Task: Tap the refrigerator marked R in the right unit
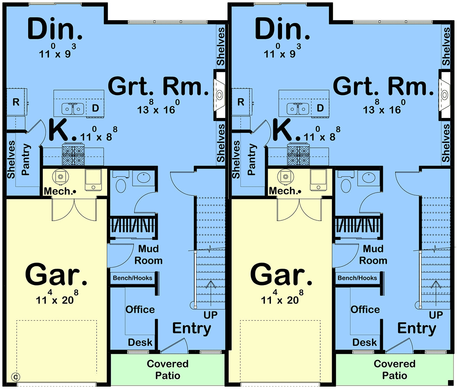[242, 102]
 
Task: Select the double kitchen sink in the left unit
[73, 109]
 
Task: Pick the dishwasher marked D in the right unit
[320, 108]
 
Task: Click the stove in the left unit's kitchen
[73, 154]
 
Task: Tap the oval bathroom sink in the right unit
[369, 178]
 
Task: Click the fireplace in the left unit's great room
[219, 95]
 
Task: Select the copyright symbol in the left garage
[16, 377]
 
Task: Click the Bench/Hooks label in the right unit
[357, 278]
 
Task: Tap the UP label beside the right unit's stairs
[436, 315]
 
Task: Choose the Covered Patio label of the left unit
[168, 370]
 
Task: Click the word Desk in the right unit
[364, 342]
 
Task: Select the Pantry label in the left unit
[26, 159]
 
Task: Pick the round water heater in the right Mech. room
[285, 177]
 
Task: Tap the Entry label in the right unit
[417, 329]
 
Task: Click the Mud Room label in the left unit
[148, 255]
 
